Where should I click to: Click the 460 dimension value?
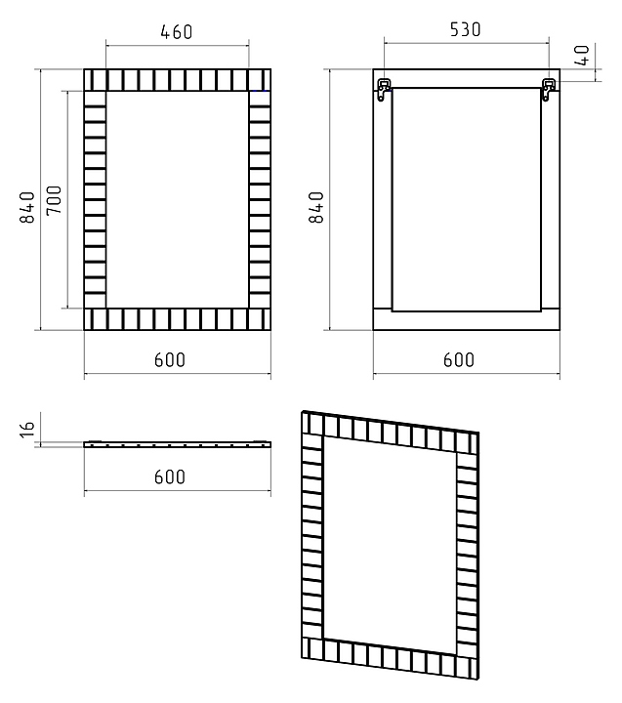(x=177, y=32)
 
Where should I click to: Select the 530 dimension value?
(x=465, y=29)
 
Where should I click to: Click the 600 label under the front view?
(x=170, y=359)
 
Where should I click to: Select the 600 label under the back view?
(x=458, y=359)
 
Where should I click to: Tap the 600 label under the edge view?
(x=170, y=476)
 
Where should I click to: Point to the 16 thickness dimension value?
(x=28, y=427)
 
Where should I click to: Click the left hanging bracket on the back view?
(x=386, y=89)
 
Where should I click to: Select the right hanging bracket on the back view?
(x=549, y=89)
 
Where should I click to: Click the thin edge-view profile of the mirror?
(x=176, y=443)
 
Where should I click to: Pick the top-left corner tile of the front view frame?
(x=95, y=80)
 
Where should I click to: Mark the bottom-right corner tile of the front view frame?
(x=259, y=319)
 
